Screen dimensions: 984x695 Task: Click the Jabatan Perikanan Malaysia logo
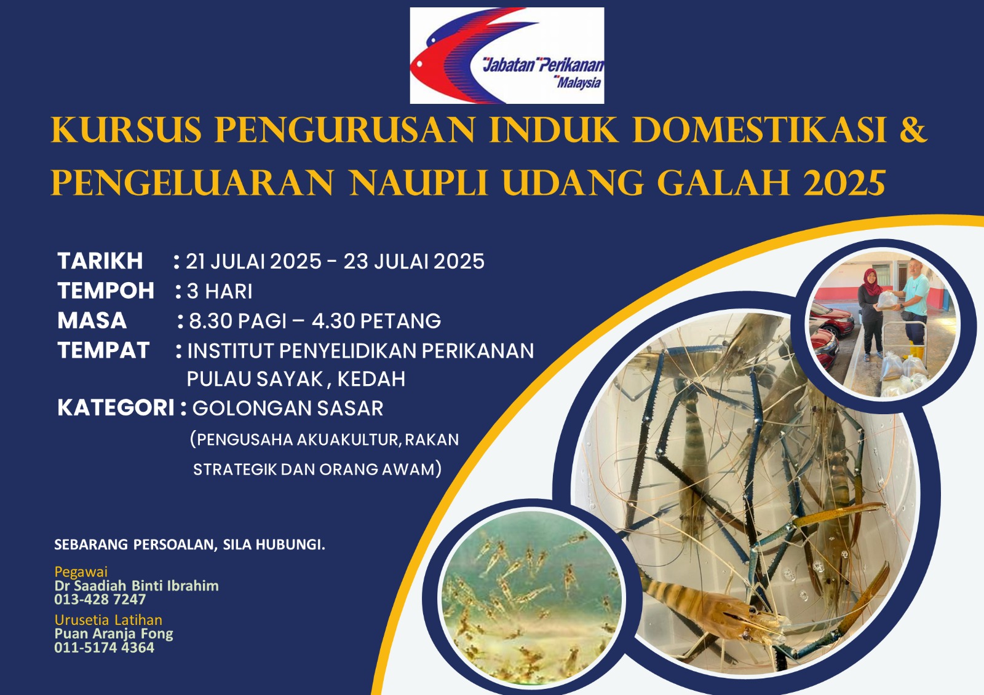point(507,56)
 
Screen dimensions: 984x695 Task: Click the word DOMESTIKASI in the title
point(760,130)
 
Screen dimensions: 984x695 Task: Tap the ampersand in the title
point(913,130)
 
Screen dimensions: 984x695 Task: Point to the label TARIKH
point(100,261)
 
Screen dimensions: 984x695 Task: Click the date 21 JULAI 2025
point(253,261)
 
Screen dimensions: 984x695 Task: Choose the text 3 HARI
point(220,291)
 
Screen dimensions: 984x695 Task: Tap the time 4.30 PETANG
point(376,321)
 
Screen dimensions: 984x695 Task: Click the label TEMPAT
point(104,350)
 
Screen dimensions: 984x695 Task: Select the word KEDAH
point(371,379)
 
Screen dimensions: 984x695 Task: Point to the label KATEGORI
point(116,408)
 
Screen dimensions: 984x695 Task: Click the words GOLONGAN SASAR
point(288,408)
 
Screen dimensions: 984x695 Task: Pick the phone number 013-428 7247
point(100,599)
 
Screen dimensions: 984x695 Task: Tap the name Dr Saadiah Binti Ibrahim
point(137,586)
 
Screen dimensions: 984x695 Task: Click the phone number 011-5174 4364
point(105,648)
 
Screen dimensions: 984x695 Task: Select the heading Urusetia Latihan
point(108,620)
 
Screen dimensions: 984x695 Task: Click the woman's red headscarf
point(871,281)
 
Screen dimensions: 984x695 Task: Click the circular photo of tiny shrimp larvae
point(531,597)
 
